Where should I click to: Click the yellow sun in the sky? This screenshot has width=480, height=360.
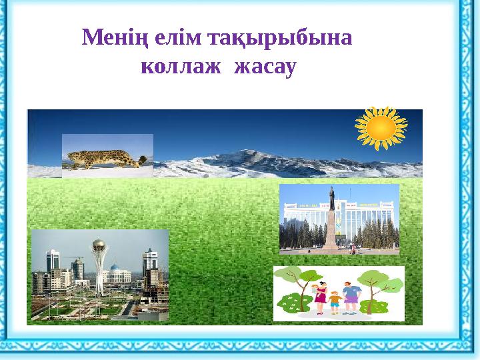(381, 127)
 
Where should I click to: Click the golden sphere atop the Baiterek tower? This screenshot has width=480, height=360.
(99, 245)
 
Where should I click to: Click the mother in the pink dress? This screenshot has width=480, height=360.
(321, 298)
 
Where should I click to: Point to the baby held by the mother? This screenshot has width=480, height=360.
(314, 289)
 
